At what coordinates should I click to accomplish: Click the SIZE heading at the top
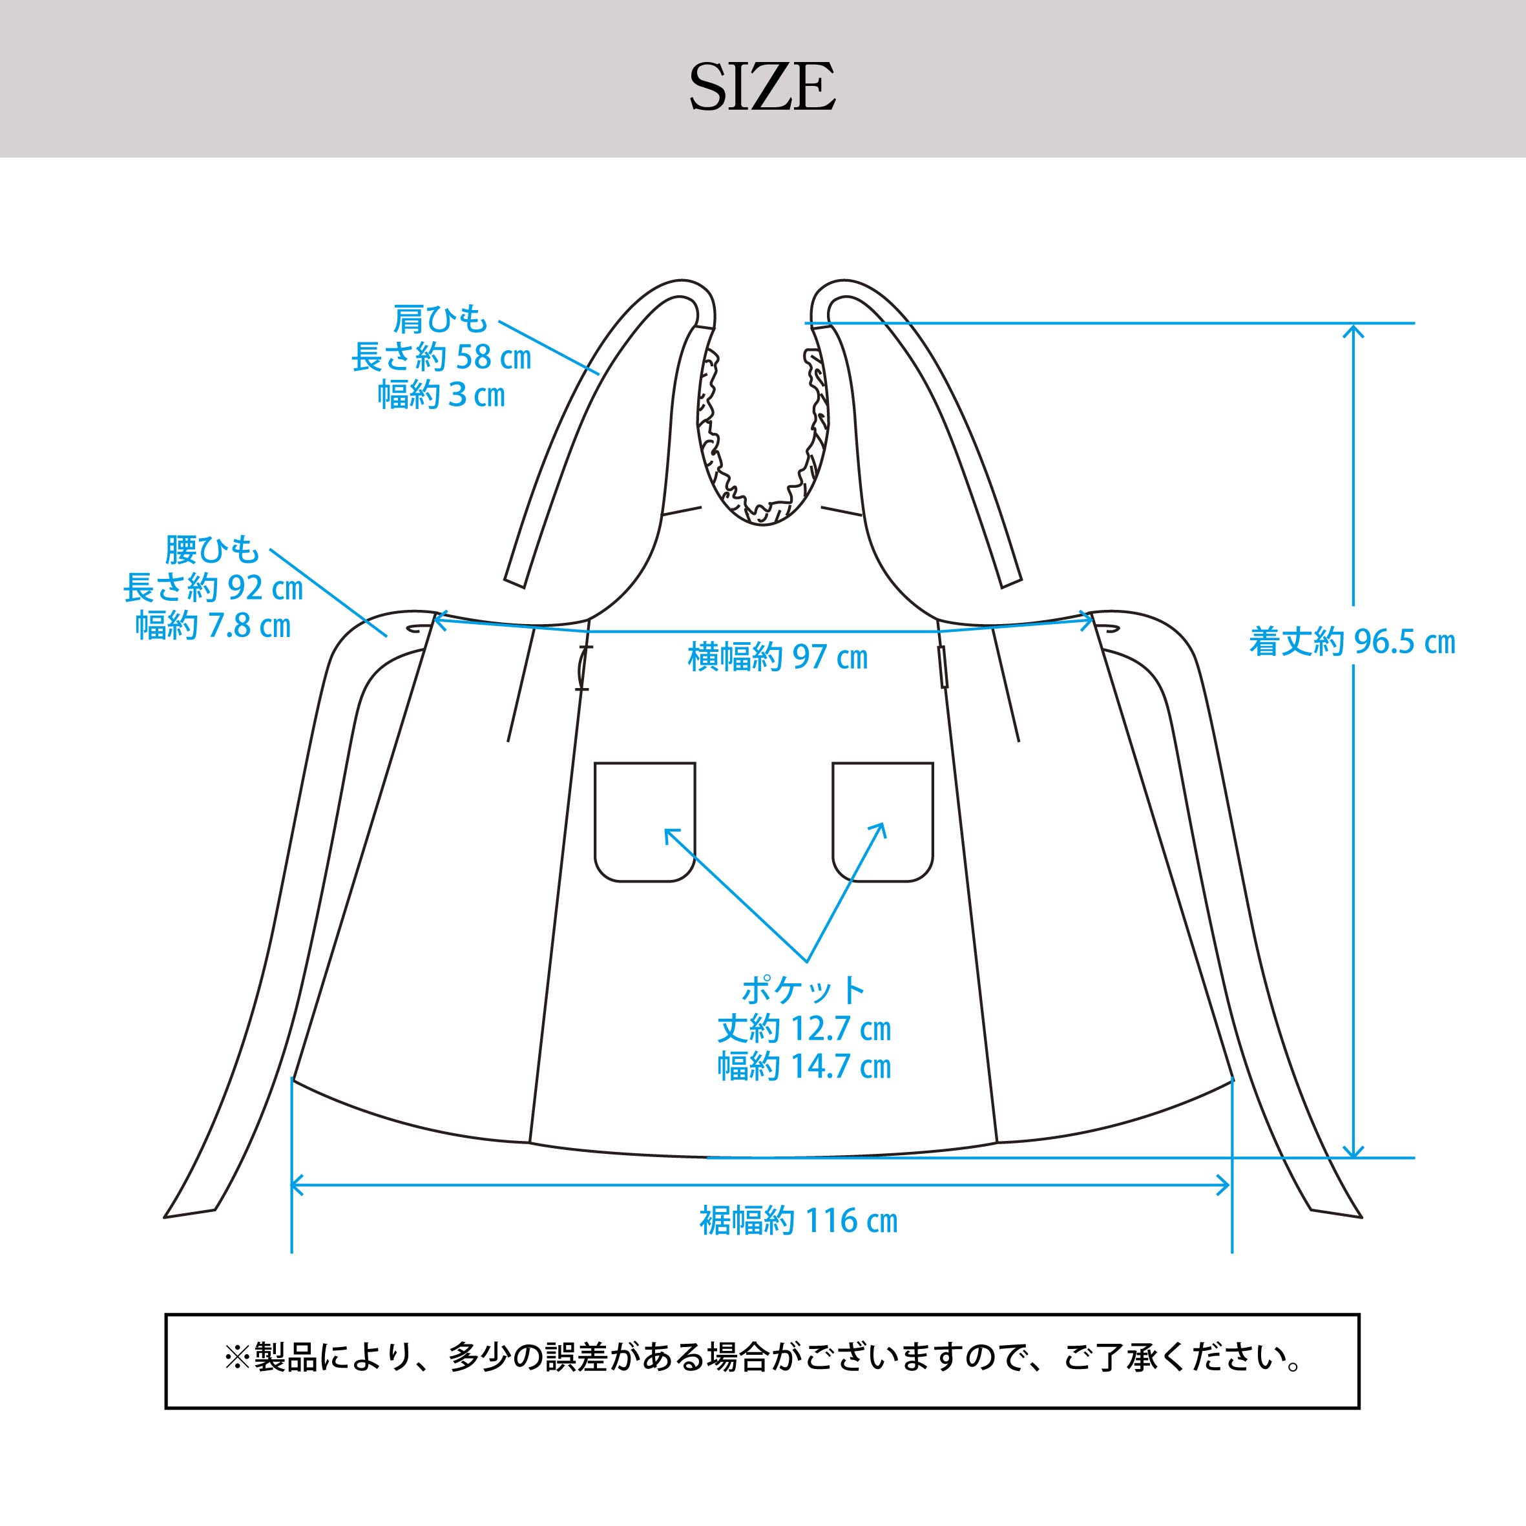tap(762, 87)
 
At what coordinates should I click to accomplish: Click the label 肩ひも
tap(441, 320)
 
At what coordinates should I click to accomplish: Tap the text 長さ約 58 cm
tap(441, 358)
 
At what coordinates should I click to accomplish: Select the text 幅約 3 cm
tap(441, 395)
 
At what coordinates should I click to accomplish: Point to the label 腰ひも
tap(212, 550)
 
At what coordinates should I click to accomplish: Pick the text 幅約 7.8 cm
tap(213, 625)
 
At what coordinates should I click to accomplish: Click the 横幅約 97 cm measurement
tap(778, 657)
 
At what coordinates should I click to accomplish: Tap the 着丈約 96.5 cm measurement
tap(1352, 642)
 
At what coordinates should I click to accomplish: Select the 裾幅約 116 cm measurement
tap(799, 1220)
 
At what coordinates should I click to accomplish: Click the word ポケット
tap(803, 990)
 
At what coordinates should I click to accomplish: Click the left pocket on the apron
tap(645, 821)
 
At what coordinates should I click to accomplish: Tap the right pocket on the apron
tap(883, 821)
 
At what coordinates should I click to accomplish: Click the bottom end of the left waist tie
tap(189, 1213)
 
